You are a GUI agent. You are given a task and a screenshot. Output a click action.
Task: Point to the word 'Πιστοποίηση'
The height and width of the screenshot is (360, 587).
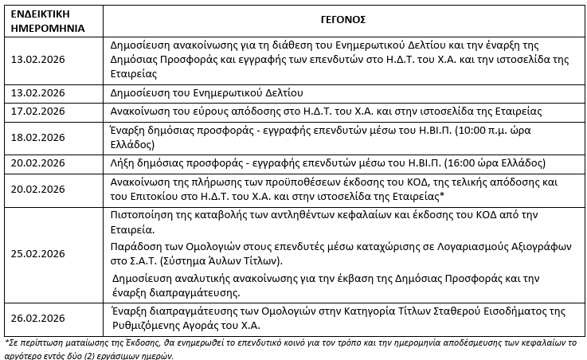(x=138, y=213)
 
